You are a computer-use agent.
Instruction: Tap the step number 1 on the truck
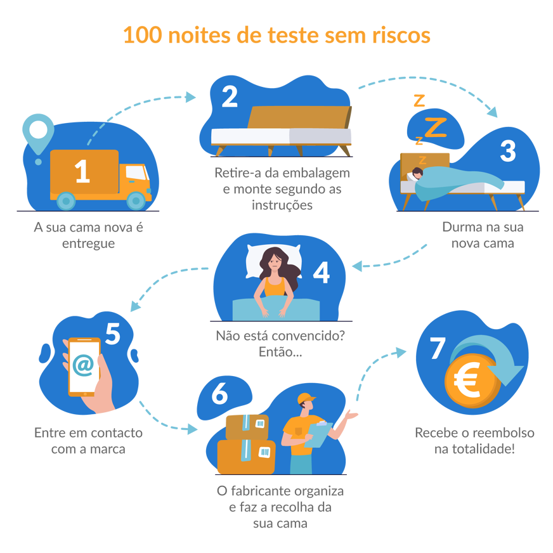pos(82,172)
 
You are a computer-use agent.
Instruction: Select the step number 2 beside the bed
pos(230,97)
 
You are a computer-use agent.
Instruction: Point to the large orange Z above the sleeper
pos(435,127)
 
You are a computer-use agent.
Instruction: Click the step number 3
pos(508,151)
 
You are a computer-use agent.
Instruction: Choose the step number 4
pos(322,272)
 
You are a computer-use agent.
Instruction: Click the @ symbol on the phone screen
pos(82,366)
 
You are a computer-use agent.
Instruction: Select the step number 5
pos(113,334)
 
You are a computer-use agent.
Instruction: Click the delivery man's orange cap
pos(306,398)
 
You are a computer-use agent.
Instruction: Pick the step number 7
pos(438,349)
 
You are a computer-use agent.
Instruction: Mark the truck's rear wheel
pos(66,200)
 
